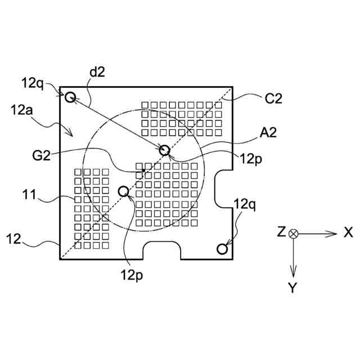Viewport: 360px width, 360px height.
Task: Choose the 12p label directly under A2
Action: (x=250, y=159)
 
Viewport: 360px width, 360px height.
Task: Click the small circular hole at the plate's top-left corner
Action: (x=70, y=98)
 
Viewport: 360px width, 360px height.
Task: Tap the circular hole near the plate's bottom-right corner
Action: (x=222, y=248)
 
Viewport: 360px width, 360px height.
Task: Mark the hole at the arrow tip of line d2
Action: (x=165, y=150)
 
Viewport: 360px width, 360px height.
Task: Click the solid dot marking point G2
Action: (x=144, y=169)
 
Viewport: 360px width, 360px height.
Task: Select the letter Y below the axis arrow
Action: (x=292, y=288)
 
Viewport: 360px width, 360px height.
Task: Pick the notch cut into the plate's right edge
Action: (x=226, y=189)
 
